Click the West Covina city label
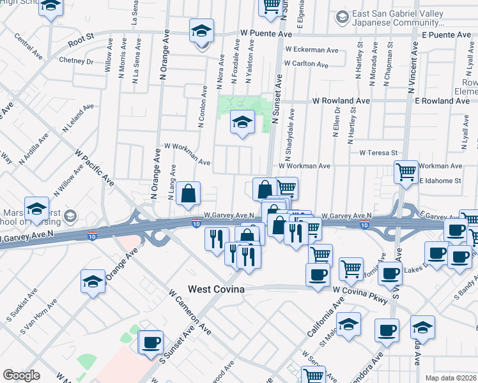click(216, 290)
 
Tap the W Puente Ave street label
click(266, 33)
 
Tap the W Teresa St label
click(378, 153)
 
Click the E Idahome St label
click(440, 181)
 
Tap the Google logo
click(21, 375)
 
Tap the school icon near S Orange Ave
click(93, 282)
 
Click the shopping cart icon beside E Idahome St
click(406, 172)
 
